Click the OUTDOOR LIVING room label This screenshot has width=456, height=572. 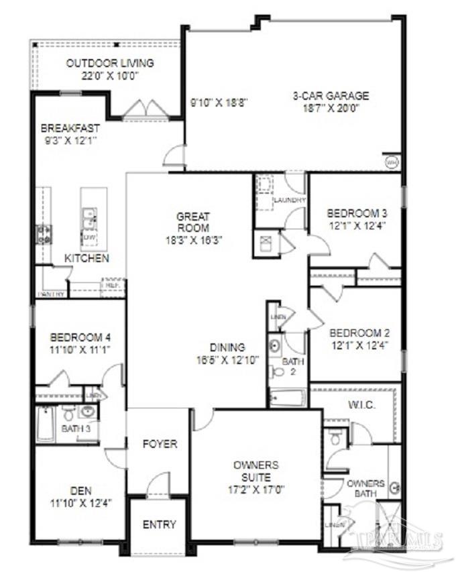(x=110, y=63)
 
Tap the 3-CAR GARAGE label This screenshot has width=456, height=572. (x=331, y=95)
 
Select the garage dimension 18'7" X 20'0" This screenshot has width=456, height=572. (x=331, y=107)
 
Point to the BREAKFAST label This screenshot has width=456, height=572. (x=70, y=128)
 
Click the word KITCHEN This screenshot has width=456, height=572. (x=87, y=258)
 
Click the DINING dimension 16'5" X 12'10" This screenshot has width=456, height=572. (x=227, y=359)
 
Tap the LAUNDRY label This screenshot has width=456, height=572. (x=289, y=200)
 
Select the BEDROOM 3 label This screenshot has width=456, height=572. (x=357, y=213)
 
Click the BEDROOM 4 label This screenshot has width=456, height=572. (x=80, y=337)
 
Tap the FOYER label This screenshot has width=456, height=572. (x=160, y=444)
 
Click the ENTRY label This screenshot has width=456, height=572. (x=160, y=524)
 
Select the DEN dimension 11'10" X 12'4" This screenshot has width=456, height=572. (x=80, y=502)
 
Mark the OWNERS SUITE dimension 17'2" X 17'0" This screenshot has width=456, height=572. (x=255, y=489)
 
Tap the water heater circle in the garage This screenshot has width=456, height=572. (x=391, y=162)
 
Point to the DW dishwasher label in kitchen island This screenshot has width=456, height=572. (x=88, y=237)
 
